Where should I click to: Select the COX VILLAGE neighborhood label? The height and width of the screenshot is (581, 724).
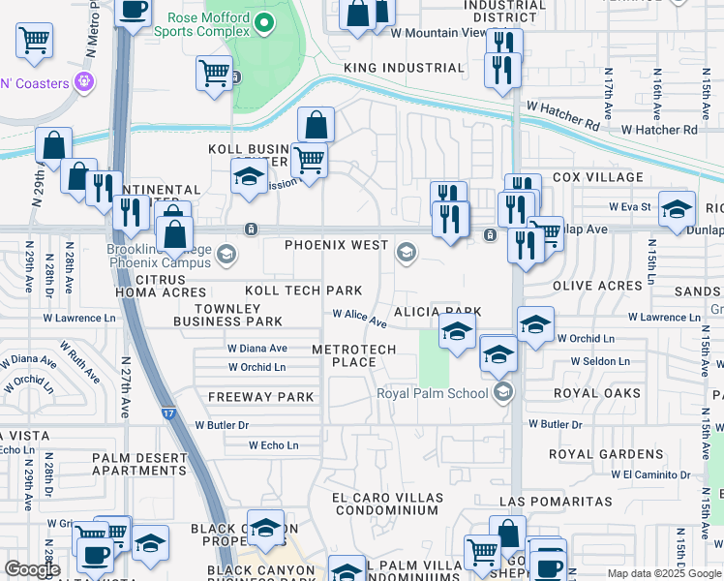(597, 178)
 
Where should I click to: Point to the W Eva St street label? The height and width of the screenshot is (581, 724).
(629, 207)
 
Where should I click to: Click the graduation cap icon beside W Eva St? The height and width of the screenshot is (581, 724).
(677, 209)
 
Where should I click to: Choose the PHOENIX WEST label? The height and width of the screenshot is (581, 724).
(336, 245)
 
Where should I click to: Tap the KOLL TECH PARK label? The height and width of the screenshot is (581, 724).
(304, 290)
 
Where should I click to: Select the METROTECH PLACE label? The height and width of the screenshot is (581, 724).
(344, 355)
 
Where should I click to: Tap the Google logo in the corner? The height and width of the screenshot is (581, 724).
(31, 568)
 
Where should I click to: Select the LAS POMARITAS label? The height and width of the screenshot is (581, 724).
(556, 502)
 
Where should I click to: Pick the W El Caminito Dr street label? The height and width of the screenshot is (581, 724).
(657, 474)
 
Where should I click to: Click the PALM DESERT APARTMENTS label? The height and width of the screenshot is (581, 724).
(139, 464)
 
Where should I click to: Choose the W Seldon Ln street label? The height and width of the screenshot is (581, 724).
(599, 361)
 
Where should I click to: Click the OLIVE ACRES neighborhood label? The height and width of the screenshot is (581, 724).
(597, 287)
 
